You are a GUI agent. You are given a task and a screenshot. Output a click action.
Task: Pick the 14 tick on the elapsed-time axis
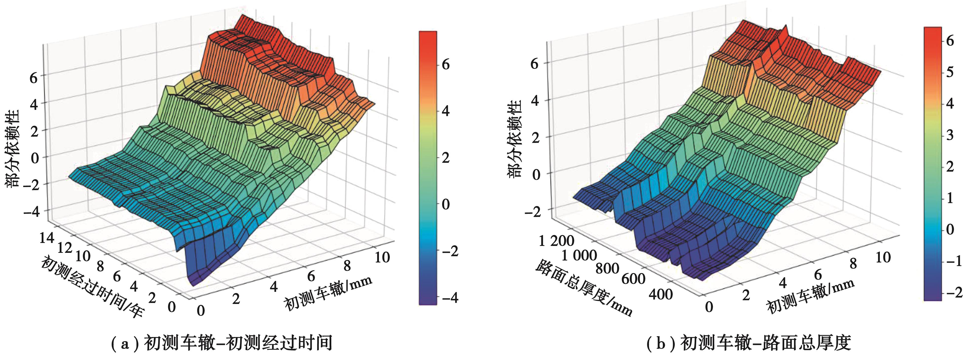47,238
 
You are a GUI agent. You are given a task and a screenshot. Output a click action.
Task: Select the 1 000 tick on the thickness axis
579,256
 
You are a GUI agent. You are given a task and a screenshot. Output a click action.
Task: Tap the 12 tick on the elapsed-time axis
64,247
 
